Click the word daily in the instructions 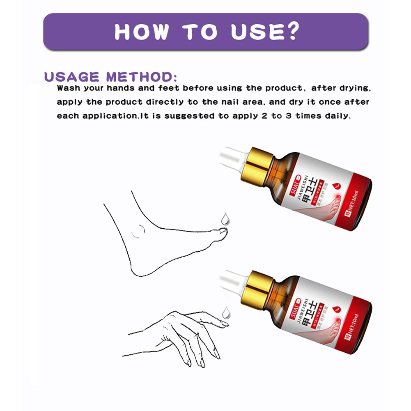[x=338, y=116]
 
